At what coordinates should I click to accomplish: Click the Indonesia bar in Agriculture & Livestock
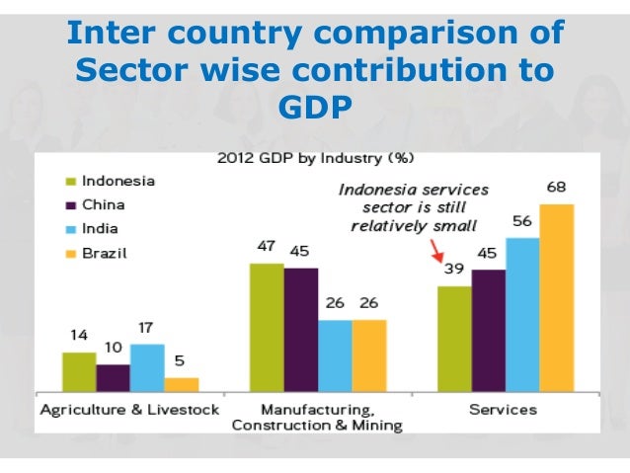[x=79, y=372]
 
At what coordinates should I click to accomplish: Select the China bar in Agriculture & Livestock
[x=113, y=378]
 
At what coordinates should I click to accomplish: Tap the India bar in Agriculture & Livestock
[x=147, y=368]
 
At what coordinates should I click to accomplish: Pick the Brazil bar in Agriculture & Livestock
[x=181, y=385]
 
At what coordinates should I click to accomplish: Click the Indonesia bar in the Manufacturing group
[x=267, y=328]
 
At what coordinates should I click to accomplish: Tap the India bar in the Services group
[x=522, y=315]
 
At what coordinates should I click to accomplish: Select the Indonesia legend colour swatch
[x=71, y=182]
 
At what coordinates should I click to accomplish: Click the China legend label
[x=103, y=204]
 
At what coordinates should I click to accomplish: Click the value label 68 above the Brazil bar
[x=556, y=188]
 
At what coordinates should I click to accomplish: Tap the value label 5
[x=181, y=361]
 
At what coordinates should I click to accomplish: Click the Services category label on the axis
[x=504, y=409]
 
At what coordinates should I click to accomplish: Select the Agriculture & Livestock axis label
[x=128, y=409]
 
